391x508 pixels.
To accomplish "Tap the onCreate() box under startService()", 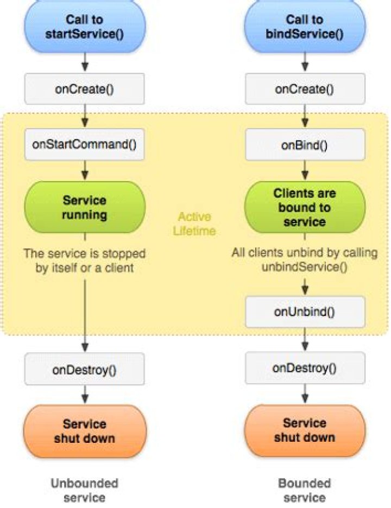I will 84,88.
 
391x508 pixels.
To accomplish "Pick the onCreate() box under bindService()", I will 304,88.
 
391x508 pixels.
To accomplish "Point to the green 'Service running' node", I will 84,207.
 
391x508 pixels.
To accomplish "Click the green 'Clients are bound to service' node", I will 304,207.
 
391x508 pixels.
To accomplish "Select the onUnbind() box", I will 304,312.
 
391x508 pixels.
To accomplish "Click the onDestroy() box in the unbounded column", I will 84,370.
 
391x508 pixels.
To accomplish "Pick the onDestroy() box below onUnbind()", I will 304,369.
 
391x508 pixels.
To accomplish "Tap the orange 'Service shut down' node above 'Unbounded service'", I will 84,431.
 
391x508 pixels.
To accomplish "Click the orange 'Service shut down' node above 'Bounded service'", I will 304,430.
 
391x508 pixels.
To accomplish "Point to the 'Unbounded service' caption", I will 84,490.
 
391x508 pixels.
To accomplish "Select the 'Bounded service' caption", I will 304,490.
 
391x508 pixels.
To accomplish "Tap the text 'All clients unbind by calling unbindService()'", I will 304,259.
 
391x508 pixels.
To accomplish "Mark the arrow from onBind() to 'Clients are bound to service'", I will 304,173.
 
